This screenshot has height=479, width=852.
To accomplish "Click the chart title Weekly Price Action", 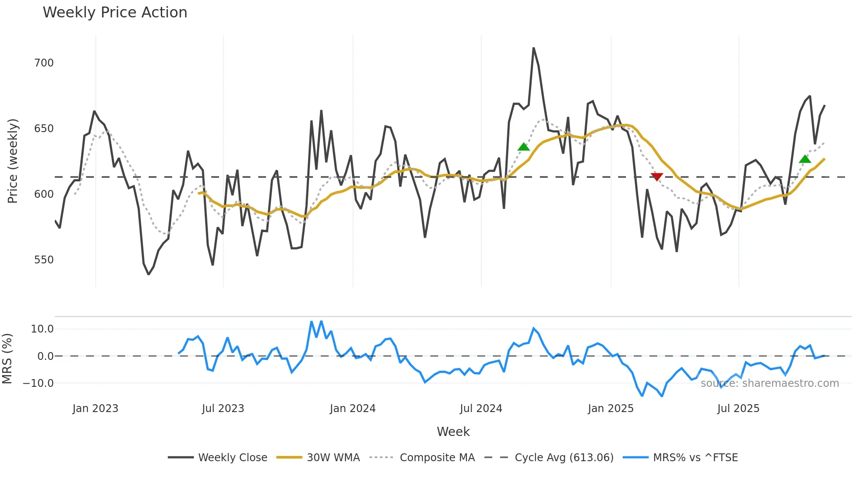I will click(x=115, y=13).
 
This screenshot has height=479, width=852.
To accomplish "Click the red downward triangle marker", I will click(x=656, y=176).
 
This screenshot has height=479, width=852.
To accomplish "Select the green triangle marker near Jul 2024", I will click(x=524, y=147).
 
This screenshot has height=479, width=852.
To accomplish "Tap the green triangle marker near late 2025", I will click(x=805, y=159).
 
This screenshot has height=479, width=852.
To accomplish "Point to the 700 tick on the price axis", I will click(x=44, y=63).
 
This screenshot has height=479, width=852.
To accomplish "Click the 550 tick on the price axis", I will click(x=44, y=260).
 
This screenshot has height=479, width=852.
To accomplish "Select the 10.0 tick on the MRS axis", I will click(x=42, y=329).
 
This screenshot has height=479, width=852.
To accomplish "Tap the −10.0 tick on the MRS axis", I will click(x=38, y=383).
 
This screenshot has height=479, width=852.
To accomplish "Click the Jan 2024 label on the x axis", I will click(x=353, y=409).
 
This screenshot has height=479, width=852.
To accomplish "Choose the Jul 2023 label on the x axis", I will click(x=223, y=409).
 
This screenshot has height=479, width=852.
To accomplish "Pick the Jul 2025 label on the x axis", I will click(x=738, y=409).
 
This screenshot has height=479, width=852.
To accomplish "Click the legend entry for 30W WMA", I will click(x=333, y=458).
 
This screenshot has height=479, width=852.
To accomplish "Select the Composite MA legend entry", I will click(x=437, y=458).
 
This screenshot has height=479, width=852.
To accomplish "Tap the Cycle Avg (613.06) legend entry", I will click(x=564, y=458).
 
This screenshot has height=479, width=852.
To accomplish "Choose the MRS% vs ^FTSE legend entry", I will click(x=695, y=458).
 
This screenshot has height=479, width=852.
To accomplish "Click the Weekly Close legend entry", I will click(x=233, y=458).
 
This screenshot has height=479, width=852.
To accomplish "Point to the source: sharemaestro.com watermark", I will click(x=769, y=383).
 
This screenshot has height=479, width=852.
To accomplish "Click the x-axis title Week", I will click(x=453, y=432).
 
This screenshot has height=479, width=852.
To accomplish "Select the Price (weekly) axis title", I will click(x=13, y=161).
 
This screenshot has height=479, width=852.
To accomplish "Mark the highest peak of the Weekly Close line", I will click(x=533, y=48).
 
